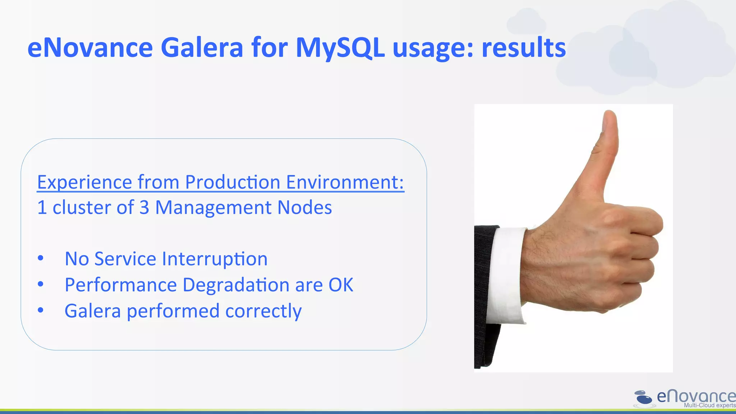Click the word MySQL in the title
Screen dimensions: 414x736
340,48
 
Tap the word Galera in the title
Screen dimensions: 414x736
202,48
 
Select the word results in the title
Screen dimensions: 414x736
524,48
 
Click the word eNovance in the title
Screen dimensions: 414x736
90,48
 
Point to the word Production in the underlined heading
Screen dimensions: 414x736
232,182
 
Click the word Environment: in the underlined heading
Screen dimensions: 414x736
345,182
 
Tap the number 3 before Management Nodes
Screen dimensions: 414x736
144,208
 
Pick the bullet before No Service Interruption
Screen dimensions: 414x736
41,258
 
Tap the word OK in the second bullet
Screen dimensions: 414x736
341,285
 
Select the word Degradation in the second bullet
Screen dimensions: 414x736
236,285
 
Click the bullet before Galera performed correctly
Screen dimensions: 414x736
41,310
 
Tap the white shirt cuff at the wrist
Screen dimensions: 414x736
507,273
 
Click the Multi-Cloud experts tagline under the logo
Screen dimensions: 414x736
709,406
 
